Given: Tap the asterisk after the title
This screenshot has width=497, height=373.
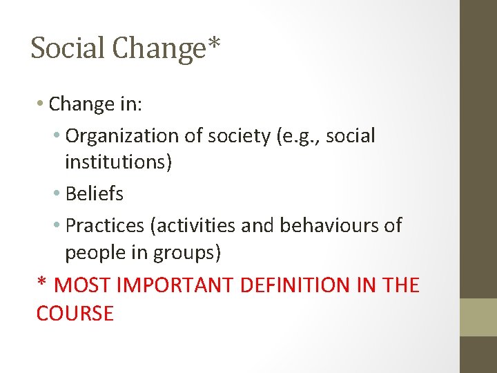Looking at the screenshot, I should point(215,45).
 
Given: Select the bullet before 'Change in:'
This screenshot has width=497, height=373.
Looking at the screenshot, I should point(41,104).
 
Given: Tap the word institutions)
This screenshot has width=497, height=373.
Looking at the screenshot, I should point(119,163).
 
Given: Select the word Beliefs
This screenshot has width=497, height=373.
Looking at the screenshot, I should point(94,194).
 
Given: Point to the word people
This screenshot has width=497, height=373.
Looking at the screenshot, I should point(96,254).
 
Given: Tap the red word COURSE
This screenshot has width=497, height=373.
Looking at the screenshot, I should point(75,314).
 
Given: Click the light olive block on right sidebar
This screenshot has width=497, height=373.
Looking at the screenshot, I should point(478,317).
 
